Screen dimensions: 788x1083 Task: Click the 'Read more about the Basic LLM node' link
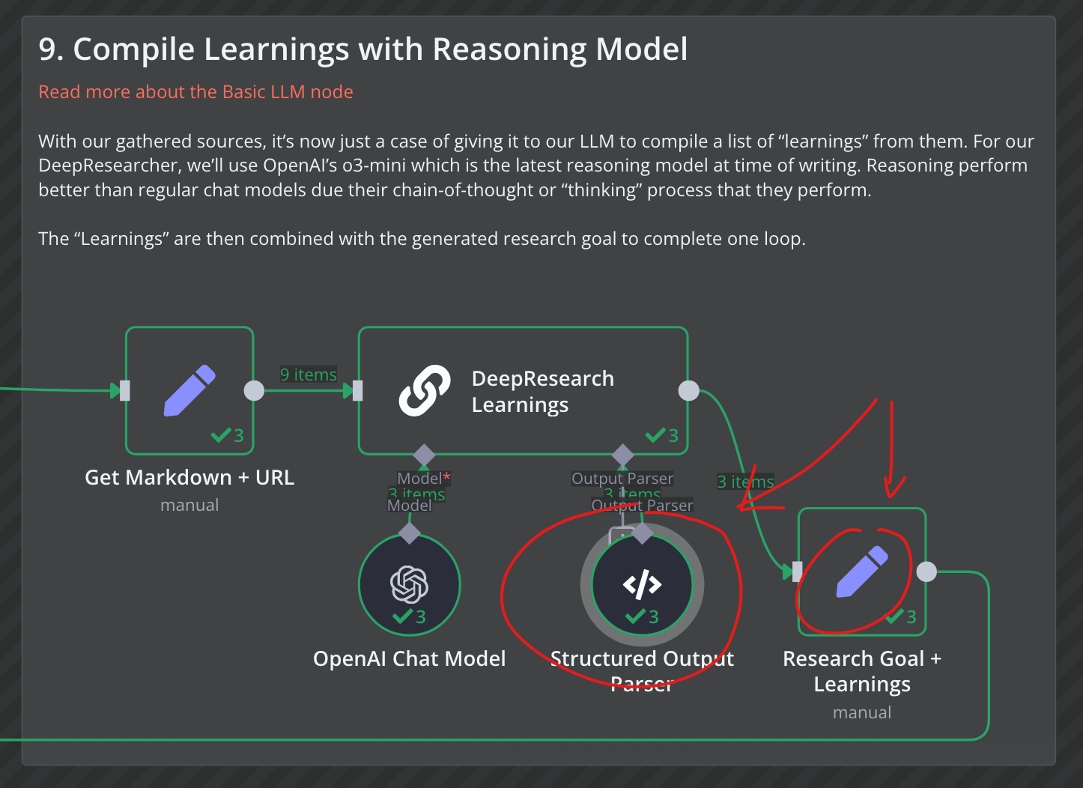[x=195, y=92]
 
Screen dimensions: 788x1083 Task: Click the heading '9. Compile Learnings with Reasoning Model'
[x=362, y=49]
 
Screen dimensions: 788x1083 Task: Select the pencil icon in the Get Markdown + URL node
[x=189, y=390]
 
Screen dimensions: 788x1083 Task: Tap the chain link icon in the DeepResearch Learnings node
[x=425, y=390]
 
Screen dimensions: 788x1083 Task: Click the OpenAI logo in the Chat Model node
[x=410, y=584]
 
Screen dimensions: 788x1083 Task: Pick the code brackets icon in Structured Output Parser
[x=642, y=584]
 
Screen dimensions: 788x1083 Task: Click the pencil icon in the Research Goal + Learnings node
[x=862, y=572]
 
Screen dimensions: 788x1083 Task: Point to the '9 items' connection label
[x=309, y=375]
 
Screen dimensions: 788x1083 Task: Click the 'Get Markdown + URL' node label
[x=189, y=477]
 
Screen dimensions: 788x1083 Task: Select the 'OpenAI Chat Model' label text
[x=410, y=658]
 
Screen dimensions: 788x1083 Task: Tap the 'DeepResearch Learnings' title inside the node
[x=542, y=391]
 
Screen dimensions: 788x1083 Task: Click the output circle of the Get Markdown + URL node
[x=255, y=390]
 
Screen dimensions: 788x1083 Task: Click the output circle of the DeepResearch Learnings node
[x=688, y=390]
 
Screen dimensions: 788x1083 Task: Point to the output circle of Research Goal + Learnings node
[x=926, y=572]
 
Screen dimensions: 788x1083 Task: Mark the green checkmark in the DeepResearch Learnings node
[x=656, y=435]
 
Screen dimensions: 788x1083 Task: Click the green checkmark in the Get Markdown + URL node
[x=221, y=435]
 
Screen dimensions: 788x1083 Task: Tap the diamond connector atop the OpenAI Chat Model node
[x=410, y=533]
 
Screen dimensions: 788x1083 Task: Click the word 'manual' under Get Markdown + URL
[x=189, y=506]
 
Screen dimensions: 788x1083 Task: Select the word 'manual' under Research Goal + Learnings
[x=862, y=712]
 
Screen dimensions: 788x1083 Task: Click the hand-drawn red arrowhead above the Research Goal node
[x=894, y=491]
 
